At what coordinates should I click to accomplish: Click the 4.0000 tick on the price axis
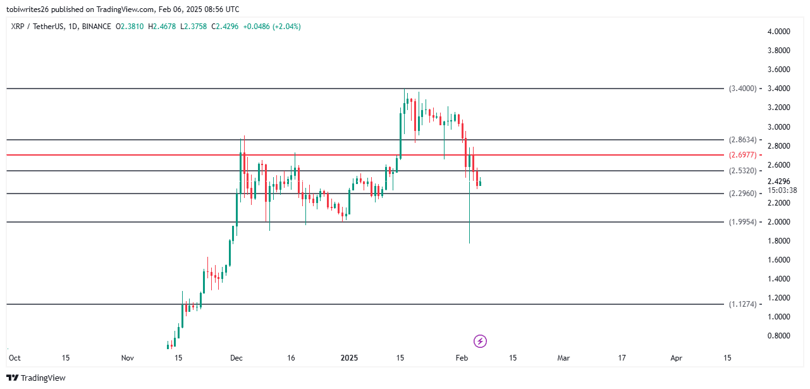(778, 32)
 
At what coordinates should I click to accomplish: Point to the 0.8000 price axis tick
(778, 336)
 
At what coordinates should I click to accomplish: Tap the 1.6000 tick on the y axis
(778, 260)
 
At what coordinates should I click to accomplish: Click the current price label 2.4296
(778, 181)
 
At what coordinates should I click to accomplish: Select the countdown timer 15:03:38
(782, 190)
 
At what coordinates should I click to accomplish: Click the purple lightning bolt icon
(480, 342)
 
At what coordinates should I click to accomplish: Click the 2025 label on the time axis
(349, 358)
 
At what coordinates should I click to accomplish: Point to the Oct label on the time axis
(15, 358)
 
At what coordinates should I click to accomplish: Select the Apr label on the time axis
(677, 358)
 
